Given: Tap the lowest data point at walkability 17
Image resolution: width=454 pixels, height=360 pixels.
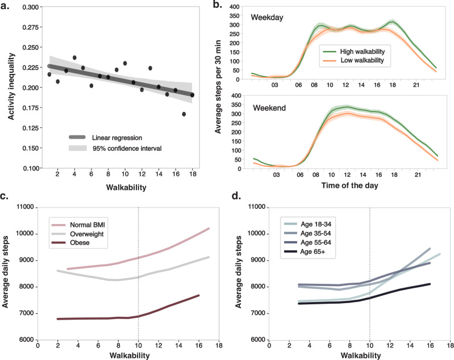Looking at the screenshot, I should coord(184,114).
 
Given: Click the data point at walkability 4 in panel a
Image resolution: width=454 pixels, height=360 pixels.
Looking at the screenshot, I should coord(74,57).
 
